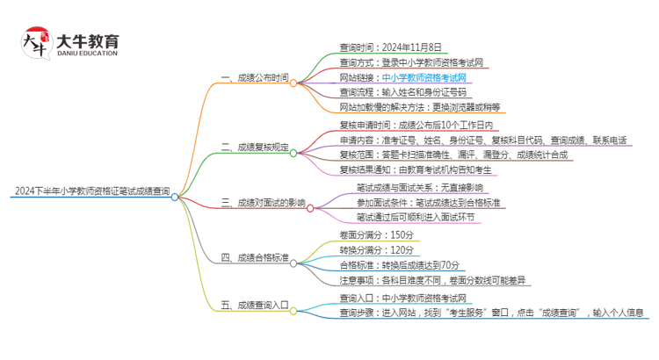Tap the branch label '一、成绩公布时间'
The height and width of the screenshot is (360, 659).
coord(255,78)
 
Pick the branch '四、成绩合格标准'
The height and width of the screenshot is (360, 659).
coord(255,257)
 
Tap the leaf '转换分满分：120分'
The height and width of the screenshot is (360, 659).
coord(376,249)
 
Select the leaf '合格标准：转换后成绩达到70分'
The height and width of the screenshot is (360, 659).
coord(400,264)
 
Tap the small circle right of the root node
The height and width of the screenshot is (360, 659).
coord(176,198)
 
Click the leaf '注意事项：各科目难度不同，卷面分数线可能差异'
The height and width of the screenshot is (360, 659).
coord(433,280)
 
